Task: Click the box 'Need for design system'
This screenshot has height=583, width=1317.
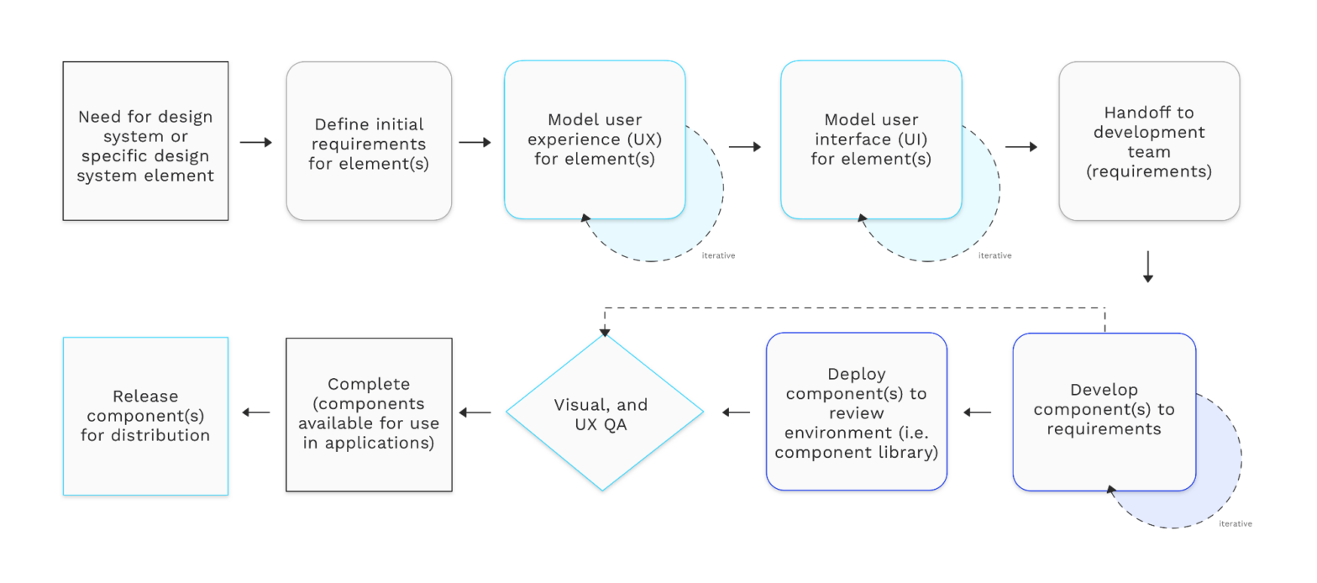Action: [x=145, y=141]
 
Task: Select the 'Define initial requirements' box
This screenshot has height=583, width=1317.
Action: [x=369, y=141]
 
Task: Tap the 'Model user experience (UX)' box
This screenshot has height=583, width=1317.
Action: [x=594, y=139]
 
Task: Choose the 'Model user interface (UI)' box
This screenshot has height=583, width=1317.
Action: [x=871, y=139]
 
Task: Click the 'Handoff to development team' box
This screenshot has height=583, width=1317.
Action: [x=1148, y=141]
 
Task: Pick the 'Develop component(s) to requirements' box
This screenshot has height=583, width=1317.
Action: [x=1104, y=412]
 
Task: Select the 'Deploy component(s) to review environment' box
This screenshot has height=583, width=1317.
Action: [x=857, y=412]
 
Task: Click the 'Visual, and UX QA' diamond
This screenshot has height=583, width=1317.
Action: [x=604, y=412]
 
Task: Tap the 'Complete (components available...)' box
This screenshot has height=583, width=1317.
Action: [x=369, y=414]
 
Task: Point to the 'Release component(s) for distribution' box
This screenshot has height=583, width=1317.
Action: [x=145, y=416]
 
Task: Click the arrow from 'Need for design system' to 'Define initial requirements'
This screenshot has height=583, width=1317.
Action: [x=256, y=143]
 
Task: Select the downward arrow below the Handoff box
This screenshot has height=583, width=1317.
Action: [x=1148, y=265]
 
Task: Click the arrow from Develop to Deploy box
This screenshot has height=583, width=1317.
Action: [x=977, y=412]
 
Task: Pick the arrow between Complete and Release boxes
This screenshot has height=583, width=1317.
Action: [x=256, y=412]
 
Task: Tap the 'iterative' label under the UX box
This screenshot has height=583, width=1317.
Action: [x=718, y=255]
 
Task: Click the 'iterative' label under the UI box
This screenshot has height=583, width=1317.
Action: [x=994, y=255]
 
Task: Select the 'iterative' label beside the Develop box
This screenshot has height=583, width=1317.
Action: [x=1235, y=523]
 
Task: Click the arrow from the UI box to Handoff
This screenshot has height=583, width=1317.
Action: [x=1021, y=147]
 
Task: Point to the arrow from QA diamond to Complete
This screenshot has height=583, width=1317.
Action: [x=475, y=412]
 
